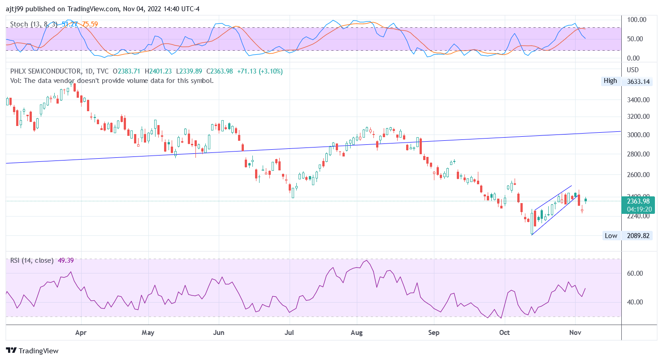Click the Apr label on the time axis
click(x=81, y=333)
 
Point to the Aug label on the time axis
click(x=357, y=333)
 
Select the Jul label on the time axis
click(x=290, y=333)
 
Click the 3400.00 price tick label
click(x=638, y=100)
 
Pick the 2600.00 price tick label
click(x=638, y=174)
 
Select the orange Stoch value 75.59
click(x=90, y=24)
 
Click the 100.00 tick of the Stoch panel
click(x=637, y=20)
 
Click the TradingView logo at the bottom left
click(x=32, y=351)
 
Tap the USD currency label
click(x=633, y=70)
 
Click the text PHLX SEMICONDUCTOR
click(x=45, y=71)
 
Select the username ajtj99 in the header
click(x=15, y=9)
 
